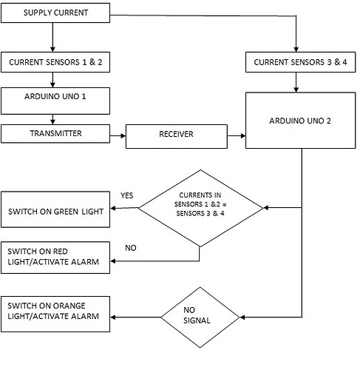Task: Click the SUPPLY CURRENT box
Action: point(56,14)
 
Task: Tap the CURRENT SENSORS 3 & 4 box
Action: point(300,62)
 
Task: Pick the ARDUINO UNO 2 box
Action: point(300,121)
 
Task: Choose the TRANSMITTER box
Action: point(56,134)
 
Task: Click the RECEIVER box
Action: point(175,135)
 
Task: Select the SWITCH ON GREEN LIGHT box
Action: point(56,211)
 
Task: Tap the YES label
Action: point(126,195)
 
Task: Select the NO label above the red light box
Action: point(130,248)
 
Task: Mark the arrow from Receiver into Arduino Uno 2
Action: point(236,135)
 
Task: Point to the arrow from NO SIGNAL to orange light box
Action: point(137,318)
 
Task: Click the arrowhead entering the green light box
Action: point(115,209)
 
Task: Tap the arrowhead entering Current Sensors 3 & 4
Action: point(295,48)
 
